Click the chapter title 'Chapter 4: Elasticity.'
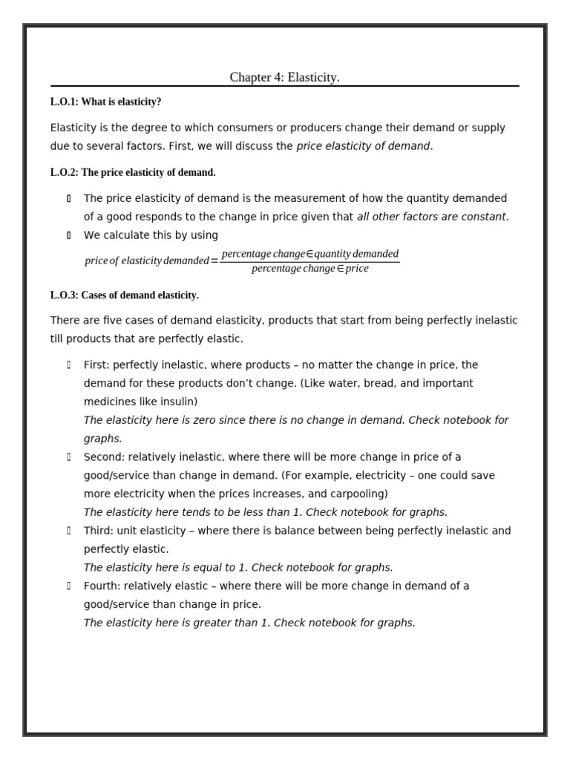tap(284, 77)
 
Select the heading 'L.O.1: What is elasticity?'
tap(105, 102)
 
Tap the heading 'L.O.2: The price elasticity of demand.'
tap(133, 172)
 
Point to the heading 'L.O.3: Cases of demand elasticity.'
tap(125, 295)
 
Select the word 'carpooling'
tap(358, 494)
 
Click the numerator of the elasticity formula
tap(309, 254)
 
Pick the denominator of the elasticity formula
tap(309, 269)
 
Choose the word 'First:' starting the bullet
tap(96, 364)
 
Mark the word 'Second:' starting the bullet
tap(102, 456)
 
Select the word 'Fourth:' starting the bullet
tap(101, 586)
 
